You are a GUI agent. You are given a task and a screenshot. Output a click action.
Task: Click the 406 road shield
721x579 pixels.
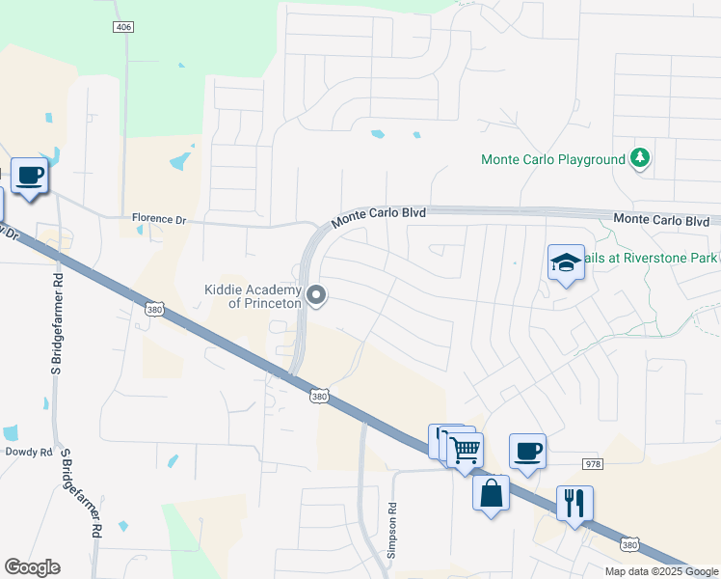click(122, 27)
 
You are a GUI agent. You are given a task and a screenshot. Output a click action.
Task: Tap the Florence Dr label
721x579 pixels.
click(159, 219)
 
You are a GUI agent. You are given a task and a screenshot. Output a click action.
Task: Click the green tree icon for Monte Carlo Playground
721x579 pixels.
click(638, 157)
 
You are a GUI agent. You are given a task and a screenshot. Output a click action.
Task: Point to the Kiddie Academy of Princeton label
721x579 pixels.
click(254, 296)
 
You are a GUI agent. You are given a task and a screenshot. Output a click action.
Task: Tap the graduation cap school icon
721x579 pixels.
click(566, 262)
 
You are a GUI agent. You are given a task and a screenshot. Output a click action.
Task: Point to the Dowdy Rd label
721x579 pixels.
click(27, 451)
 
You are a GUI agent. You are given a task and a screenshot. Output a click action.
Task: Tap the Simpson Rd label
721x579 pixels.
click(392, 529)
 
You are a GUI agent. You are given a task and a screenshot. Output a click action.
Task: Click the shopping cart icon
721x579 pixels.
click(465, 449)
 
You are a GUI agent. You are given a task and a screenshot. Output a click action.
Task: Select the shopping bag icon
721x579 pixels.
click(491, 493)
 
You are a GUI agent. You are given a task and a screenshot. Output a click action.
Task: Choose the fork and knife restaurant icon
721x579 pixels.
click(574, 503)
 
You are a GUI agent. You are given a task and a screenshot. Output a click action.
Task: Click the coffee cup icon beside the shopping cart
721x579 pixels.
click(527, 451)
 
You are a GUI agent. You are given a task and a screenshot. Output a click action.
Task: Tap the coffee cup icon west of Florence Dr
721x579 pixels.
click(29, 176)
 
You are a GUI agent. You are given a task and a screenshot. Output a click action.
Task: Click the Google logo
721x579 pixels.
click(32, 567)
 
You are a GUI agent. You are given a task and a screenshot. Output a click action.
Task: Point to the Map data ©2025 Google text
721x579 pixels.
click(660, 571)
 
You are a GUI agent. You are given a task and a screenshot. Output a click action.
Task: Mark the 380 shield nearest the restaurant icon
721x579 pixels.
click(629, 545)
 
